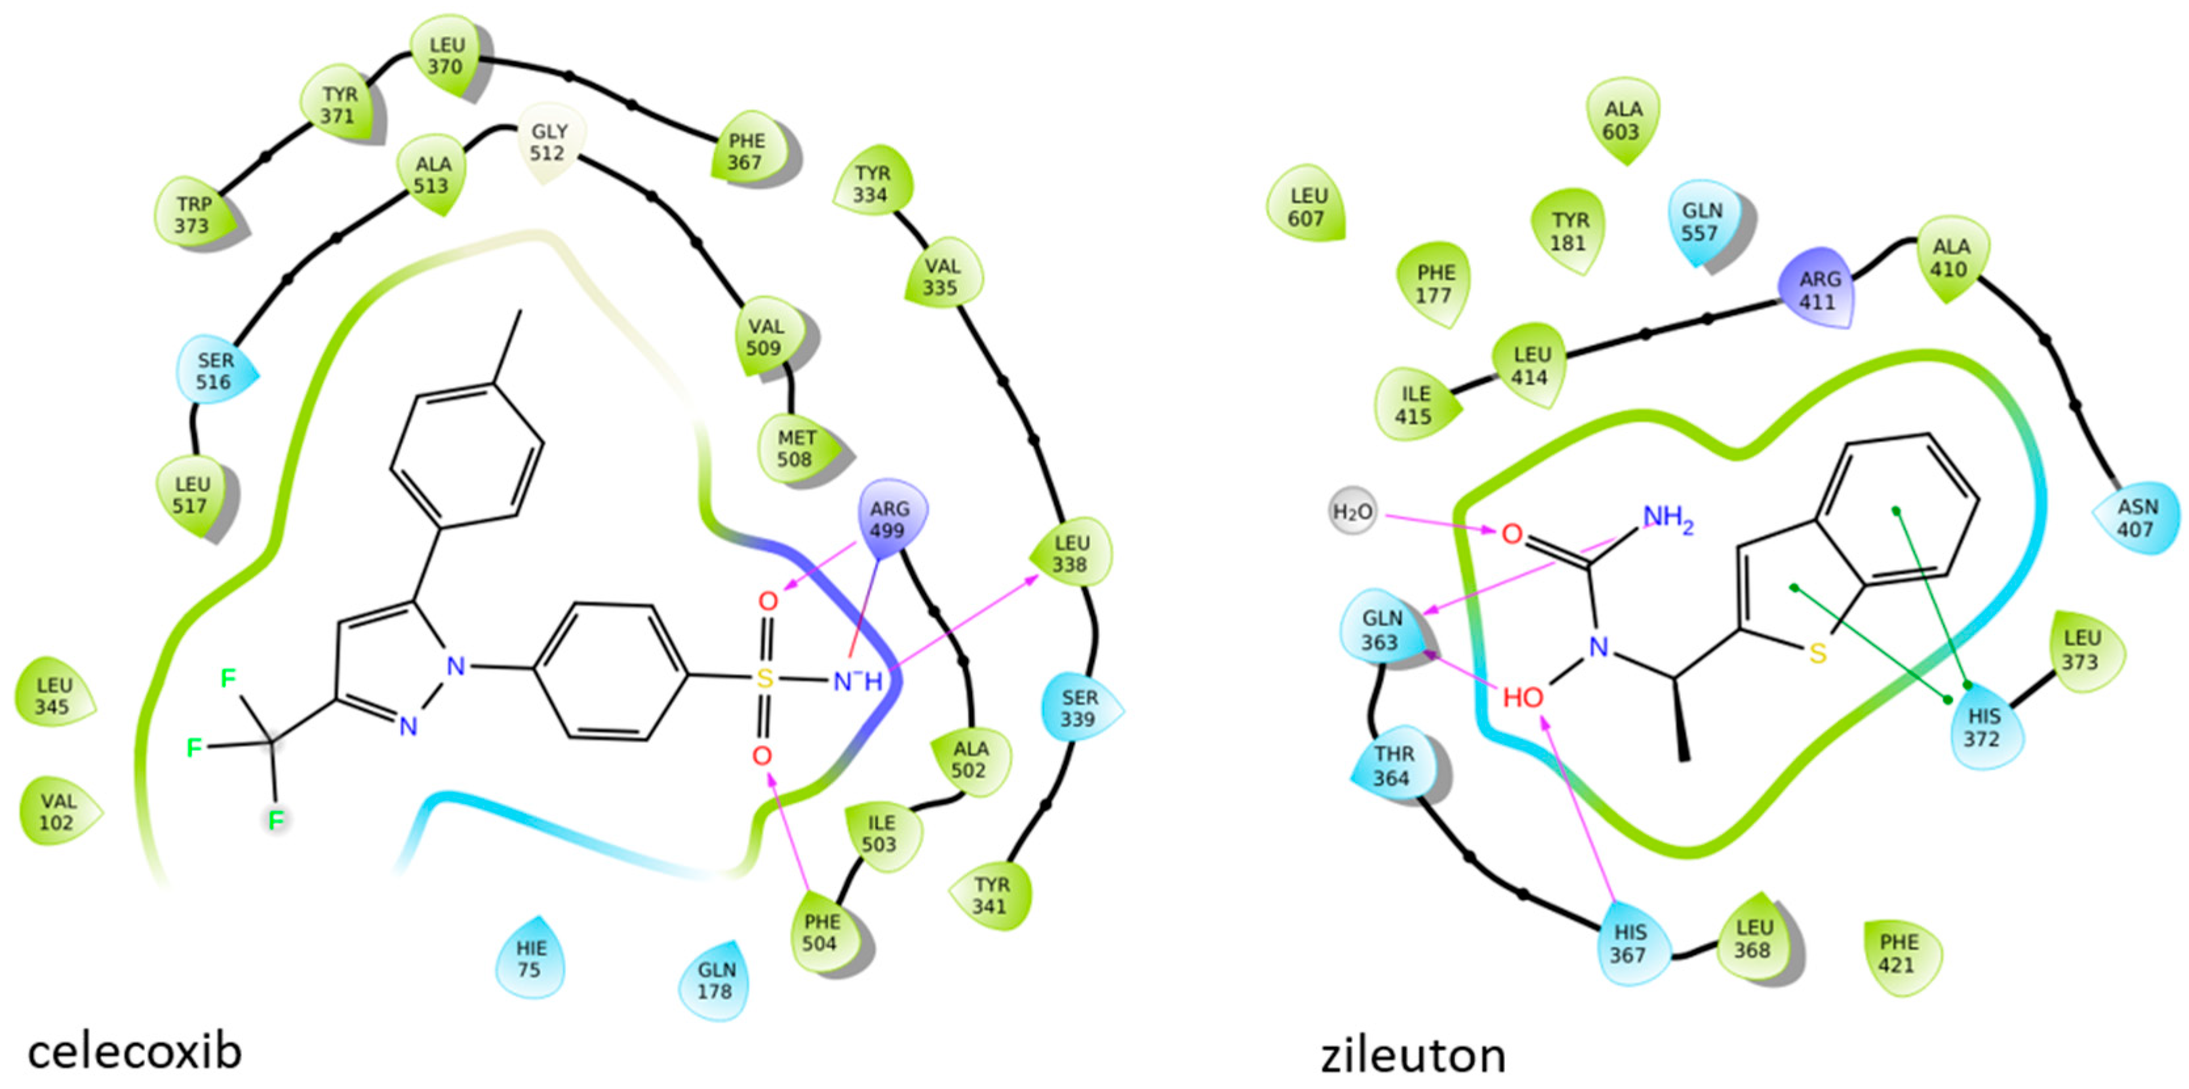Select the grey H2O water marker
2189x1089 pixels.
click(x=1352, y=512)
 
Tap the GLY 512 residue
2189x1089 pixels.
click(x=548, y=143)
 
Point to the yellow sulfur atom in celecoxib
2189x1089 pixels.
click(x=765, y=678)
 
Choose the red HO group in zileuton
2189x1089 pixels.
click(x=1523, y=697)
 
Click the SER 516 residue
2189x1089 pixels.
click(x=214, y=372)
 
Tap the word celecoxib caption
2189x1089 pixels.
click(x=135, y=1052)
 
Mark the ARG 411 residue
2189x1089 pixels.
click(x=1819, y=290)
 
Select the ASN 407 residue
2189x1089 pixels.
click(x=2137, y=518)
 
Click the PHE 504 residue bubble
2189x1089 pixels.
click(x=821, y=932)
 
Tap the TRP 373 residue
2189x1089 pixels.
click(x=192, y=215)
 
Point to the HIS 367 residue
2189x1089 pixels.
click(x=1629, y=944)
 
